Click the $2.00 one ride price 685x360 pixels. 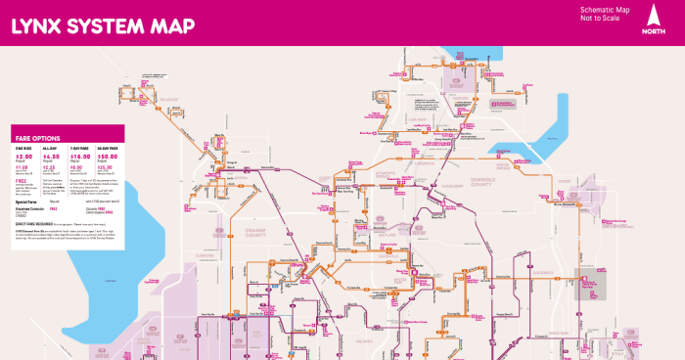pos(23,156)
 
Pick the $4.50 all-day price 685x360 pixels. pos(51,156)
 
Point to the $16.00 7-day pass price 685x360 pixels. pos(79,156)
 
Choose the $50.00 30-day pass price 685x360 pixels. pos(108,156)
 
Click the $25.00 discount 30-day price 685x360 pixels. pos(106,167)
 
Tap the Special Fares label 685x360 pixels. pos(26,202)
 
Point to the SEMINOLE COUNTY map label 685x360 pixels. pos(509,179)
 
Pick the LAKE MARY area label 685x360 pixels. pos(421,120)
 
